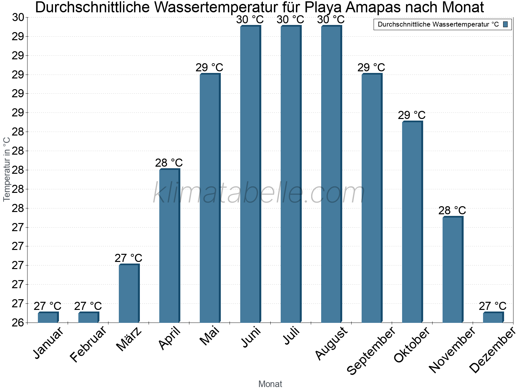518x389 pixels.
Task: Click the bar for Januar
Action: (x=48, y=317)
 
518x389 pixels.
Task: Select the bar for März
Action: (x=129, y=294)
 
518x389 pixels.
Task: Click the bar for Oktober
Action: (x=412, y=222)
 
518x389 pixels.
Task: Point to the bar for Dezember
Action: (x=493, y=317)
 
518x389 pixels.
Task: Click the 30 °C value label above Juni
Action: (x=250, y=20)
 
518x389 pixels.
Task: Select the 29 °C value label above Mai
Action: (x=209, y=67)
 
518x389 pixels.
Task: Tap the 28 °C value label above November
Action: (x=452, y=210)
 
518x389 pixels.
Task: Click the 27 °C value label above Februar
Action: (x=88, y=306)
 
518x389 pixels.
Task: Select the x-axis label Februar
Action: (x=88, y=344)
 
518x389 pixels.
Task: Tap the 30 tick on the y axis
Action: (x=18, y=18)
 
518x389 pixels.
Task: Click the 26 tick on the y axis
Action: (x=18, y=323)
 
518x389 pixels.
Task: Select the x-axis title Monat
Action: (x=270, y=384)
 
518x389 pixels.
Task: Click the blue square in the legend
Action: (x=505, y=24)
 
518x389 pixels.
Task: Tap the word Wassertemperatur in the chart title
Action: (x=212, y=7)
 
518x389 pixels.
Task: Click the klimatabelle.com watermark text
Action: (x=259, y=193)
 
